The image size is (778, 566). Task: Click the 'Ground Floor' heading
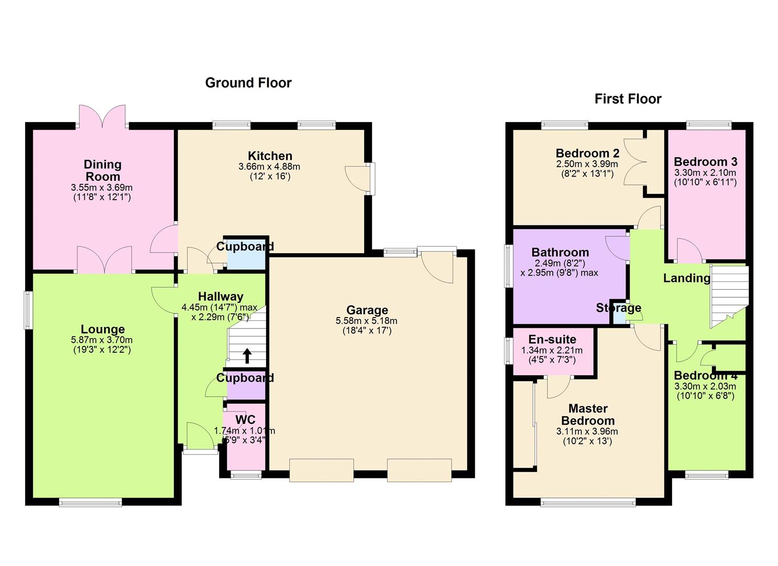click(x=248, y=83)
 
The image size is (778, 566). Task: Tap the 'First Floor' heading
click(x=628, y=99)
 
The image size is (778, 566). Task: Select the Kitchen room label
click(x=270, y=156)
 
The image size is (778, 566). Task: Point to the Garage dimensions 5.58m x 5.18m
click(x=366, y=321)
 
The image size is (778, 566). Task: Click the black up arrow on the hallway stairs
click(x=247, y=356)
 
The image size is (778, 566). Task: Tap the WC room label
click(x=245, y=419)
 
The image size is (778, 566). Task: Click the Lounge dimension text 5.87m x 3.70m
click(x=102, y=340)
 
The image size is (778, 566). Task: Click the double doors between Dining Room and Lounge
click(x=104, y=260)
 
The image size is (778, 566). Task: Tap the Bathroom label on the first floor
click(x=560, y=252)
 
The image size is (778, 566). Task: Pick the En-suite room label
click(x=552, y=339)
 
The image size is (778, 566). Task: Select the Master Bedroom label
click(x=588, y=415)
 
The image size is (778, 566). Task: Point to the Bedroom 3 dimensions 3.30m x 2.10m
click(x=705, y=172)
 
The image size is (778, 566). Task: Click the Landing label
click(x=686, y=278)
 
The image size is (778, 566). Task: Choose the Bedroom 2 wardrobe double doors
click(x=637, y=162)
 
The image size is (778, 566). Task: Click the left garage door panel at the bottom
click(x=321, y=470)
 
